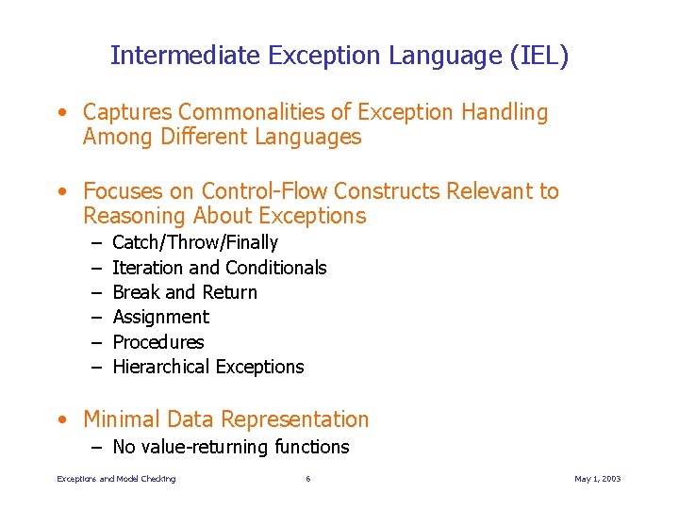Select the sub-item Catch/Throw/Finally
194,243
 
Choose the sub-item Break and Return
184,292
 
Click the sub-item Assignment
160,317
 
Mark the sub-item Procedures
157,342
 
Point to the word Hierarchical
161,367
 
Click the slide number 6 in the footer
307,479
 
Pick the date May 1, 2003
598,479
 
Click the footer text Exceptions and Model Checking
116,479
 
